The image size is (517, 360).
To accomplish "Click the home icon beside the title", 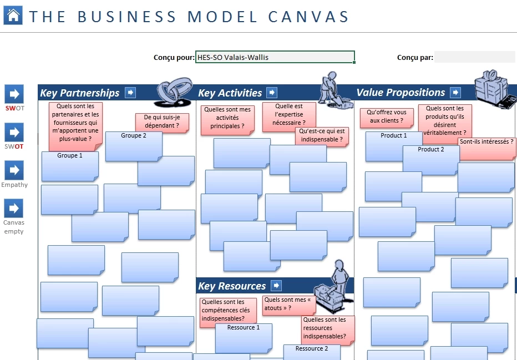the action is pos(13,15).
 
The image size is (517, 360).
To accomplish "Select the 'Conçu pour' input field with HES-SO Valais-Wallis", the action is pos(275,57).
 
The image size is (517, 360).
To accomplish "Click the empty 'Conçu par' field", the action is pos(474,57).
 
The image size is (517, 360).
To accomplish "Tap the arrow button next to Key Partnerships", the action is pos(130,93).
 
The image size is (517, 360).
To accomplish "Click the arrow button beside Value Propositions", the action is pos(455,93).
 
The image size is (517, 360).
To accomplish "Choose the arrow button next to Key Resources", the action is pos(276,286).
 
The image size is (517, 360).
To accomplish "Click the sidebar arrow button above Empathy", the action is pos(14,170).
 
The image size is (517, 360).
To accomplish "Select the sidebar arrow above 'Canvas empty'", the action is pos(14,209).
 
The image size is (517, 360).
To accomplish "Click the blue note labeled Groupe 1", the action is pos(70,166).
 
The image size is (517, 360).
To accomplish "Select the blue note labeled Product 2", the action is pos(431,160).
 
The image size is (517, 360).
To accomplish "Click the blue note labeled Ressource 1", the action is pos(244,338).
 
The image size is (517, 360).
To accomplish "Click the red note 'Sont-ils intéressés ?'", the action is pos(487,149).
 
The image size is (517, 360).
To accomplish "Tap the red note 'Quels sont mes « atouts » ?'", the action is pos(289,306).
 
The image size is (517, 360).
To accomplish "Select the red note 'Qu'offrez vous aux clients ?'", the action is pos(387,118).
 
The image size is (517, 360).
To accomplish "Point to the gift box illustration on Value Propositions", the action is pos(495,89).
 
